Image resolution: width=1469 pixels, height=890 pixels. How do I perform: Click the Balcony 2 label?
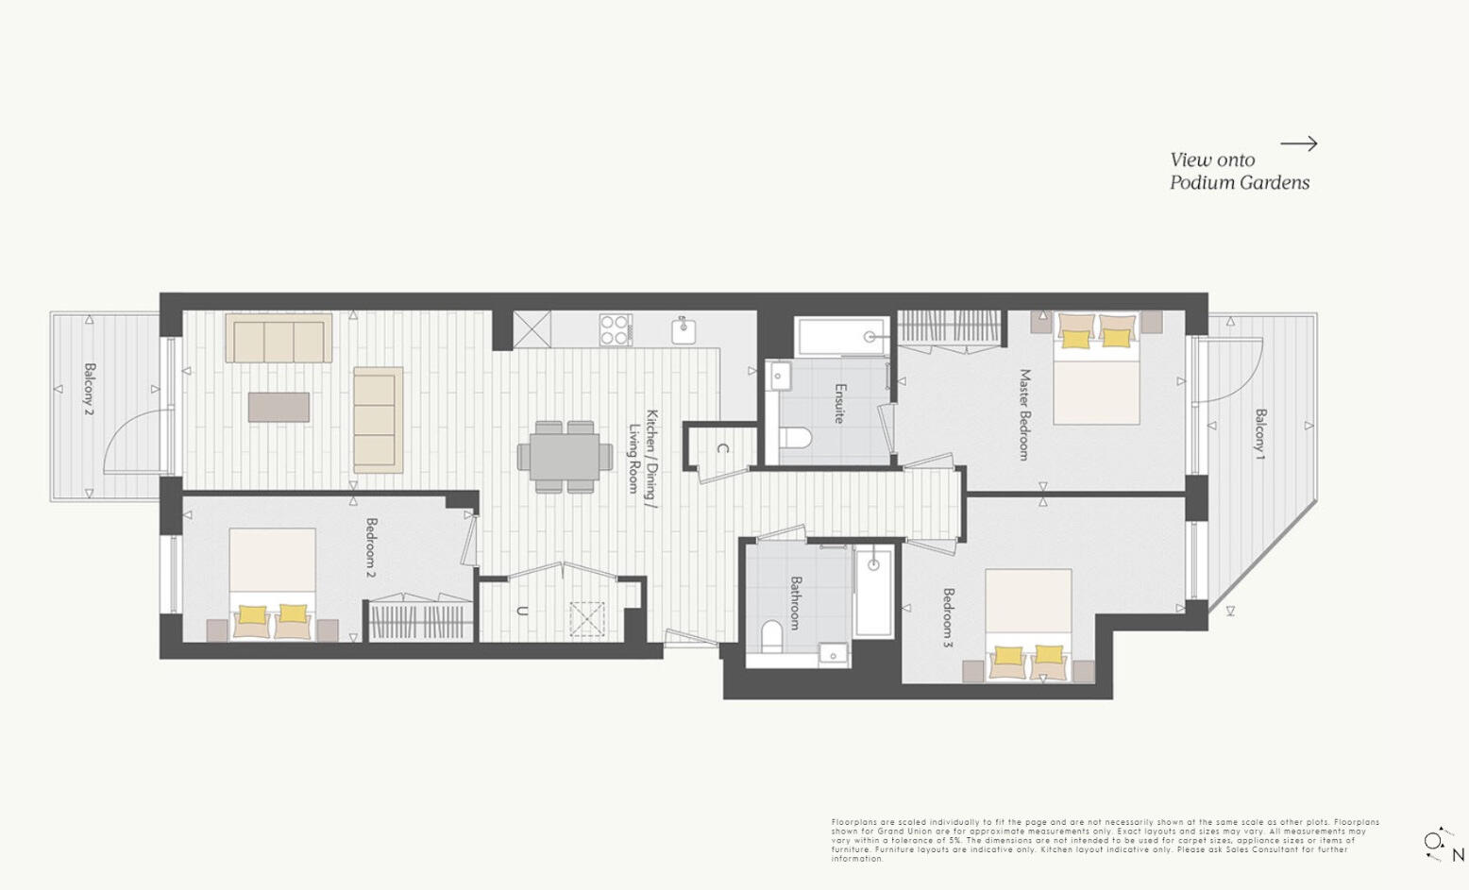coord(90,389)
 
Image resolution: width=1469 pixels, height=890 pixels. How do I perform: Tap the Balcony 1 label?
coord(1260,434)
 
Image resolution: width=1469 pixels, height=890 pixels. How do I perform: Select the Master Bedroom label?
coord(1023,414)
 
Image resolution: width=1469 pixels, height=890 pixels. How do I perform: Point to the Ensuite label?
coord(839,403)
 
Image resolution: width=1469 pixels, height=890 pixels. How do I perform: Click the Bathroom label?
coord(796,603)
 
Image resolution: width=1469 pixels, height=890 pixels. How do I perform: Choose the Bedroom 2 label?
coord(371,547)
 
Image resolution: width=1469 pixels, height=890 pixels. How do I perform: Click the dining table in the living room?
coord(565,456)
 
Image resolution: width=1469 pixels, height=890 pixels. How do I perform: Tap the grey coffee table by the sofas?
coord(279,407)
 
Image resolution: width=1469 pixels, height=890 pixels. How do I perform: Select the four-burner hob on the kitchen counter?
coord(615,329)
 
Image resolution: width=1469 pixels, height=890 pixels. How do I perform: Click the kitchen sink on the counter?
coord(684,331)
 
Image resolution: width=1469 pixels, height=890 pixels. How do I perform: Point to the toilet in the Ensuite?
coord(796,439)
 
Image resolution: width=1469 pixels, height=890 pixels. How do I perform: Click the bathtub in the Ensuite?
coord(841,335)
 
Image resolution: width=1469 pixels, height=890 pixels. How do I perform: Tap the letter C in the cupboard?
coord(722,449)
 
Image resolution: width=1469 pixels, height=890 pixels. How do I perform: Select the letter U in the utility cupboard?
coord(521,612)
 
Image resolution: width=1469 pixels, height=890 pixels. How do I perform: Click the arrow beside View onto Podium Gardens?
coord(1298,143)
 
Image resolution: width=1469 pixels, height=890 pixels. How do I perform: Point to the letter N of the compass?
coord(1458,855)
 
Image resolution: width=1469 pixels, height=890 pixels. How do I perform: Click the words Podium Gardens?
coord(1240,183)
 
